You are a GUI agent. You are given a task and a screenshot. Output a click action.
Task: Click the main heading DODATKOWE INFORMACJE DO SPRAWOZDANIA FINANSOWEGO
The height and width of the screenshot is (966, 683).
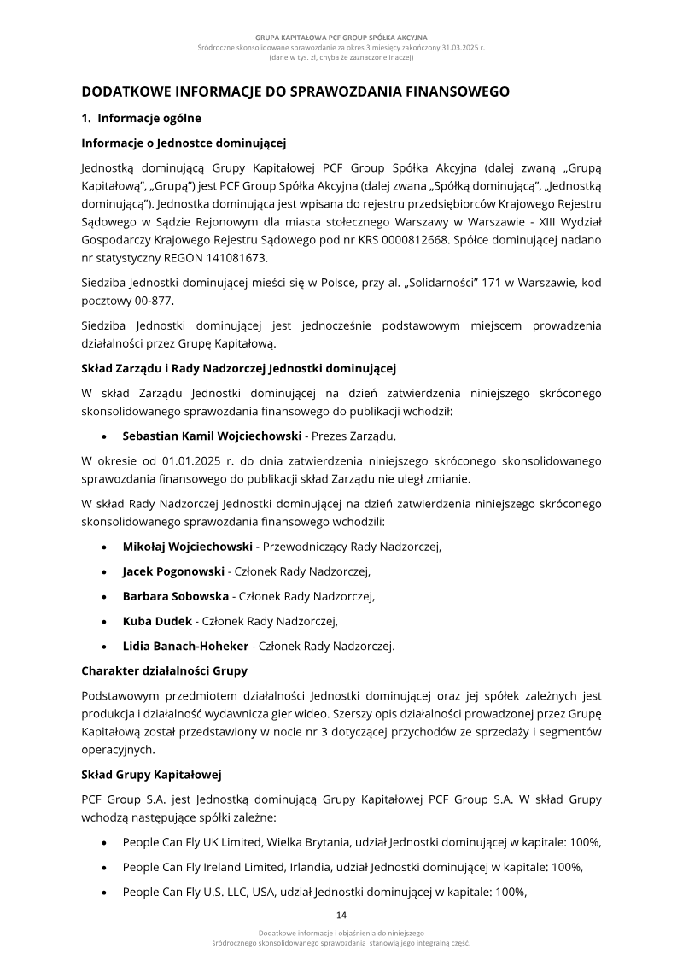pos(295,91)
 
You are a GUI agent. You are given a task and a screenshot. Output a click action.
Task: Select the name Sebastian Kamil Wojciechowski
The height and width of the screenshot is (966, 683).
pos(212,435)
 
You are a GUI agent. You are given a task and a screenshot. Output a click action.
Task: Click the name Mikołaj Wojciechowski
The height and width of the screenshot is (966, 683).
pos(187,547)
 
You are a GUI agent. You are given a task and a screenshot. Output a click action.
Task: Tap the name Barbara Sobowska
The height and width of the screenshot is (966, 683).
pos(175,596)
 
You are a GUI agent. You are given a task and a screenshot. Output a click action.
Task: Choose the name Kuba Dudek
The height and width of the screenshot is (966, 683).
pos(157,621)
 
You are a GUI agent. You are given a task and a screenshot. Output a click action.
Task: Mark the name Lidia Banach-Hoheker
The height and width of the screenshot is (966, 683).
pos(185,646)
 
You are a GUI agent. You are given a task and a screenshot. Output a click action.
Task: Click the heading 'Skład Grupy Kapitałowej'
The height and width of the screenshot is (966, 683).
pos(151,776)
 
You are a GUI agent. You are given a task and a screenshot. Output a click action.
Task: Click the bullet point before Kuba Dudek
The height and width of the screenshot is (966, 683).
pos(103,622)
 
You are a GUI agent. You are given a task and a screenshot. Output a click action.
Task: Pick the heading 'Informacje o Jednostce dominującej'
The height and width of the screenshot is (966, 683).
pos(183,142)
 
